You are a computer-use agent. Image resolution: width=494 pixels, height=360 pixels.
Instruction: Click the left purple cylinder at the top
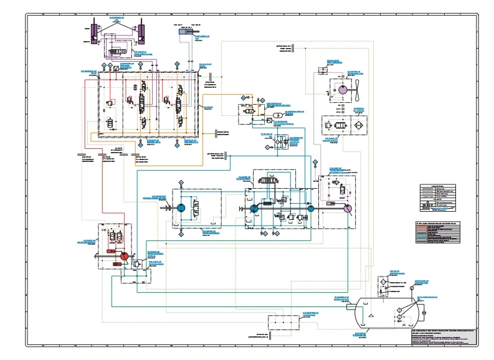click(x=93, y=31)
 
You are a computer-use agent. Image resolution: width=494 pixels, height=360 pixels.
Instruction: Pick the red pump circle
click(x=123, y=256)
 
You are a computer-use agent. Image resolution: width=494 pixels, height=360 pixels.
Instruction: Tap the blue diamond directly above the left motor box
click(x=181, y=182)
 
